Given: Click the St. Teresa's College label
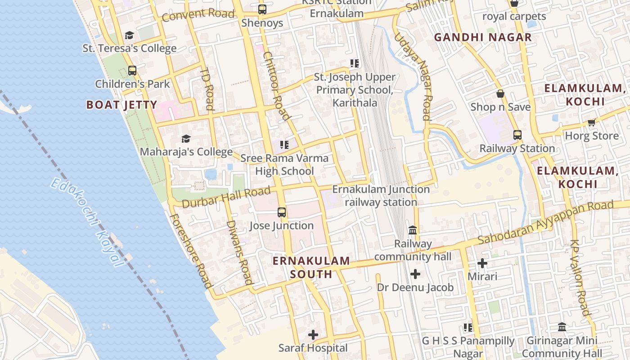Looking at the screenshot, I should [130, 48].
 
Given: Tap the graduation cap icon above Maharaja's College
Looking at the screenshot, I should [186, 139].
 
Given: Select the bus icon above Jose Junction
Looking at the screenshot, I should [282, 212].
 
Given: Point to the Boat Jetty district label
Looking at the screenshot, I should [121, 105].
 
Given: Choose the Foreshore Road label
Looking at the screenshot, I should [190, 250].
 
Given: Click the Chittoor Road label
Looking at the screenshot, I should [275, 86].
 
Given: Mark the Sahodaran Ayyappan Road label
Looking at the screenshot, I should [545, 223].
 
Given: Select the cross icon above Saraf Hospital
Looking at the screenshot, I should [313, 335].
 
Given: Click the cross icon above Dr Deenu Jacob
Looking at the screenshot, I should [415, 274].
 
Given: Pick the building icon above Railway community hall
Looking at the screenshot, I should [412, 230].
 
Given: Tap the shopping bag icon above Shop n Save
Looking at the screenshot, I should [500, 94].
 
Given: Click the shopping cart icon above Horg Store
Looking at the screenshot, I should [591, 122].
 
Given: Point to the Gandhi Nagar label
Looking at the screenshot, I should [483, 37].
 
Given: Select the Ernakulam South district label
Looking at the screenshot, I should [311, 267].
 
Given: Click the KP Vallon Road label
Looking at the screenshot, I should [580, 277].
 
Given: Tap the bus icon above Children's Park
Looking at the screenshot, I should [132, 70].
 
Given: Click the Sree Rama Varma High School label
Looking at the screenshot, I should [284, 165].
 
